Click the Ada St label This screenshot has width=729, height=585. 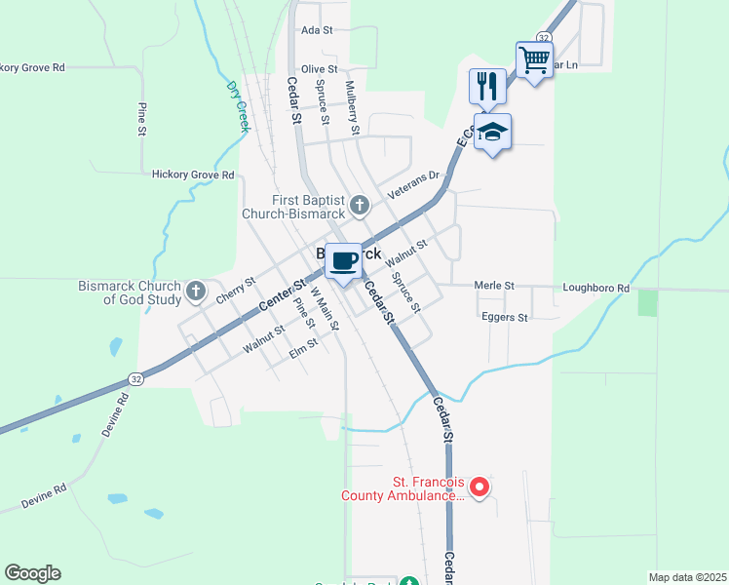pos(312,30)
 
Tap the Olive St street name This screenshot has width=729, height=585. pos(319,69)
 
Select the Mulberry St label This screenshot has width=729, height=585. pos(356,115)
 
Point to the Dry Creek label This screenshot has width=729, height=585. pos(238,105)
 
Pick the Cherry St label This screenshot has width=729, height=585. pos(236,291)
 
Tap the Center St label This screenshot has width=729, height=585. pos(278,296)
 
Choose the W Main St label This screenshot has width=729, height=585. pos(324,308)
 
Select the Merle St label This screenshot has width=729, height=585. pos(494,286)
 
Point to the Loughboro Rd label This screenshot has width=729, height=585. pos(595,289)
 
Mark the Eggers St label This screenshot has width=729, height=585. pos(504,318)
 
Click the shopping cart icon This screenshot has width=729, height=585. pos(534,60)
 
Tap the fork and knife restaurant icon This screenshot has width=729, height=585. pos(486,86)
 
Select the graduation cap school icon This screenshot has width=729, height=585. pos(493,132)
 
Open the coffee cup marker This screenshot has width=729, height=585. pos(342,261)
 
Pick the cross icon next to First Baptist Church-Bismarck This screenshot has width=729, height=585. pos(360,205)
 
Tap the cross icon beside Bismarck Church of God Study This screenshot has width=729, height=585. pos(196,291)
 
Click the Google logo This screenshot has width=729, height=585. pos(32,573)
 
